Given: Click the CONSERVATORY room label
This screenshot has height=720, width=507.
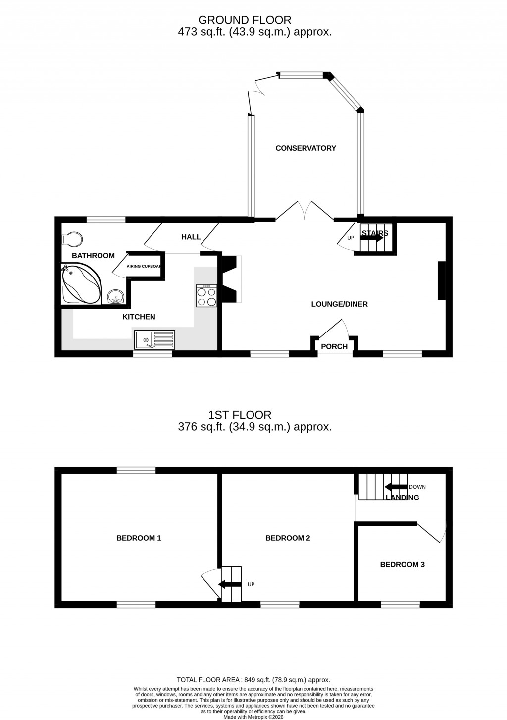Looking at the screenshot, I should click(305, 148).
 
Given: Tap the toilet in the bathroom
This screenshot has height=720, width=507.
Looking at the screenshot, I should click(72, 239).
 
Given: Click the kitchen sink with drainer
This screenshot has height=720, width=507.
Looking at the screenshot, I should click(154, 340).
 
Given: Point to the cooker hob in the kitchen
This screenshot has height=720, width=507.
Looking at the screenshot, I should click(206, 296).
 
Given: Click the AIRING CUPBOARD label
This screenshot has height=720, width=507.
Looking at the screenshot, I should click(144, 267).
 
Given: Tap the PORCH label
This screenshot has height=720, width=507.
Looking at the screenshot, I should click(334, 347).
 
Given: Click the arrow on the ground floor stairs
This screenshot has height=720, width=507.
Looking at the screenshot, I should click(371, 238).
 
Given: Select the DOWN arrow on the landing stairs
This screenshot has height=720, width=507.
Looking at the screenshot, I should click(396, 487).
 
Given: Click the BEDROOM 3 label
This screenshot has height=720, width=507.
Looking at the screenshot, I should click(402, 564).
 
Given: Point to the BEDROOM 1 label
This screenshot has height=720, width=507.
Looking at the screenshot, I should click(139, 538).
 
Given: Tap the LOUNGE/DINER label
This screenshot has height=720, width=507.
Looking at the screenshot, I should click(339, 304).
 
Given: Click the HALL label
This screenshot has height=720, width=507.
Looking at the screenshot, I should click(191, 237).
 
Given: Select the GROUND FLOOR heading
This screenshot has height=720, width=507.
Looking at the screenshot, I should click(245, 20).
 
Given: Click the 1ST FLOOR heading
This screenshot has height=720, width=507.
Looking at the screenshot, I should click(240, 415).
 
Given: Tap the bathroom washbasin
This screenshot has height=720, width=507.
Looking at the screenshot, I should click(116, 297).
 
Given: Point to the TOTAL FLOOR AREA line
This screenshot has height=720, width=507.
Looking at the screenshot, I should click(253, 680).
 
